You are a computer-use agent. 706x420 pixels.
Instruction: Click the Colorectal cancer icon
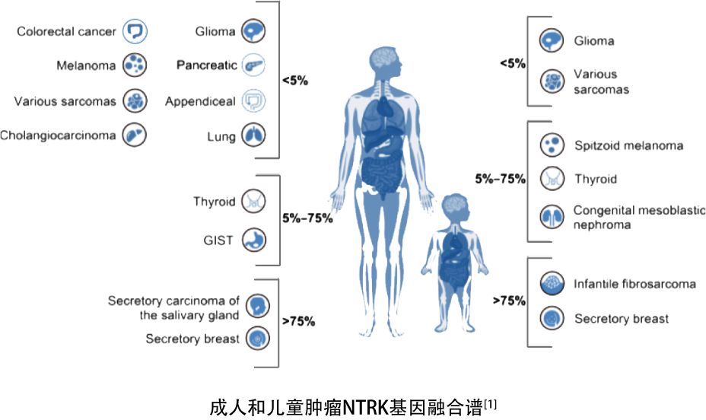click(135, 31)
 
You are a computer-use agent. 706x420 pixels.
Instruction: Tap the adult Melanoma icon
click(135, 65)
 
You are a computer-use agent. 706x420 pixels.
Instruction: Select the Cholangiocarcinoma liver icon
click(135, 135)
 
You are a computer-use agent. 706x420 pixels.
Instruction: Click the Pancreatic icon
click(253, 65)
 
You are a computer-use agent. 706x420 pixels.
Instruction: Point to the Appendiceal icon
click(253, 101)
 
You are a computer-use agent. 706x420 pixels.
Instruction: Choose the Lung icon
click(253, 135)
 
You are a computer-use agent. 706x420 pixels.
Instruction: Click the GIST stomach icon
click(254, 240)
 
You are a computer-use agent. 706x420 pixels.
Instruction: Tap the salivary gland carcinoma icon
click(258, 306)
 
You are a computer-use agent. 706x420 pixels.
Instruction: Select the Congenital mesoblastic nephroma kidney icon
click(552, 217)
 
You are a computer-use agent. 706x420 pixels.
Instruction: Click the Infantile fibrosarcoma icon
click(552, 283)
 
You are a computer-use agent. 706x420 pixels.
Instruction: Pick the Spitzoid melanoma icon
click(552, 145)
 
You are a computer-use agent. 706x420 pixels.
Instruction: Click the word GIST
click(218, 240)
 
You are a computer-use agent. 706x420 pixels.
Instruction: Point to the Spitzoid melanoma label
click(628, 146)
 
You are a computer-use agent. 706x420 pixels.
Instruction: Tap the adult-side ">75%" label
click(298, 321)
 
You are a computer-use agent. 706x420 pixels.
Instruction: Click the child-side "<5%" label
click(513, 63)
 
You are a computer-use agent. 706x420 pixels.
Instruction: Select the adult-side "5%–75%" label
click(307, 218)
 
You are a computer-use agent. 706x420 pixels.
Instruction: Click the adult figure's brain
click(384, 58)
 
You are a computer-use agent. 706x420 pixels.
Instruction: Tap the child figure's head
click(453, 207)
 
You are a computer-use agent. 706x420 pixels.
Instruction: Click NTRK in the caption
click(365, 407)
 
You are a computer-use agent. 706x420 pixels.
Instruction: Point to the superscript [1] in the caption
click(491, 404)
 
